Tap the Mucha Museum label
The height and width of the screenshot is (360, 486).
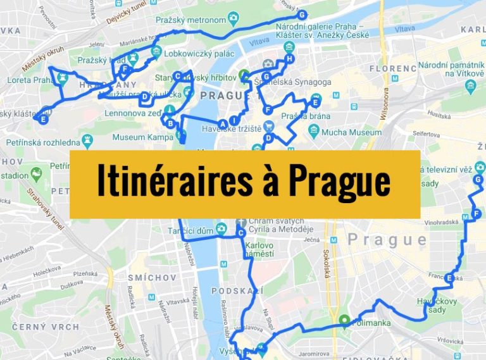(351, 132)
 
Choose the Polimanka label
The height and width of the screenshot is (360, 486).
(371, 321)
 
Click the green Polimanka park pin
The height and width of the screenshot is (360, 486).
(344, 320)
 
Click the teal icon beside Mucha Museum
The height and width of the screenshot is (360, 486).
(313, 131)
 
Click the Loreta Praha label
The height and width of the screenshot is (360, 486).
(28, 80)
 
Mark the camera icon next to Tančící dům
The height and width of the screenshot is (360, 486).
(221, 228)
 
